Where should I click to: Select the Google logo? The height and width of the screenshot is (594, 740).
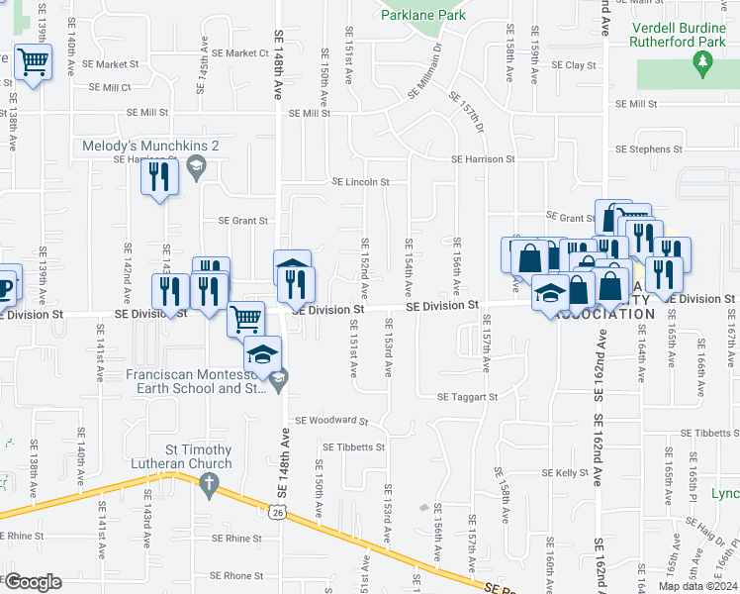[33, 581]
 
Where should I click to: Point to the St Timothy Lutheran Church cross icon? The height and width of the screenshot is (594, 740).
[208, 485]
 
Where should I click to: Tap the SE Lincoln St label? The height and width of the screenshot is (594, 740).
[360, 182]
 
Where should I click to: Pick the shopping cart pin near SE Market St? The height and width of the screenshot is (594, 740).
[34, 63]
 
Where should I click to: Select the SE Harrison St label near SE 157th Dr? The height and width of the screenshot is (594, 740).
[483, 158]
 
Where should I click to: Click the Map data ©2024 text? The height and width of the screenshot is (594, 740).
[697, 586]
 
